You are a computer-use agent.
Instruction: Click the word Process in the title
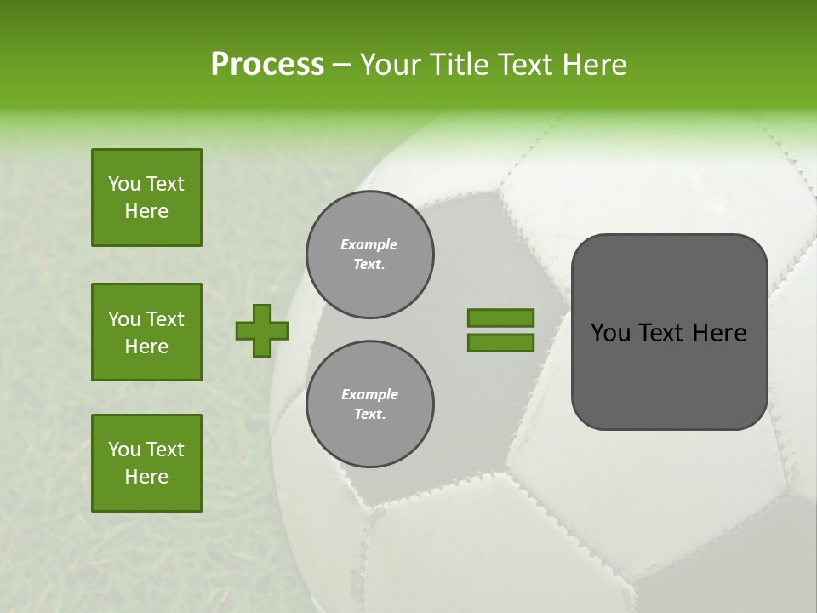pos(267,65)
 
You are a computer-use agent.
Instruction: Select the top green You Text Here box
pos(146,198)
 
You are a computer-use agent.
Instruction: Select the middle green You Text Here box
pos(146,332)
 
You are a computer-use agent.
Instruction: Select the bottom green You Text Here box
pos(146,463)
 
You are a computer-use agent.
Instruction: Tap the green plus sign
pos(262,330)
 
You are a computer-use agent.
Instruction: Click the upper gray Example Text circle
pos(369,255)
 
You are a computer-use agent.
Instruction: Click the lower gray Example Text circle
pos(369,404)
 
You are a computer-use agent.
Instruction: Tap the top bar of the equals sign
pos(500,318)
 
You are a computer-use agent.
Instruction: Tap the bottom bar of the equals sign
pos(500,343)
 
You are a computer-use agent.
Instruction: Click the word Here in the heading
pos(596,65)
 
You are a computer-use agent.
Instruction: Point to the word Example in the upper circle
pos(369,244)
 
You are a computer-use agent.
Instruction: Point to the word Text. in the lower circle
pos(369,415)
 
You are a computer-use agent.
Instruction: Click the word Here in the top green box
pos(146,211)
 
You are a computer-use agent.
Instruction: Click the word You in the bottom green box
pos(124,450)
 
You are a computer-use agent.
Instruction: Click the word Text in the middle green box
pos(164,319)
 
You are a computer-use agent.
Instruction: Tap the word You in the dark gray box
pos(610,333)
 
